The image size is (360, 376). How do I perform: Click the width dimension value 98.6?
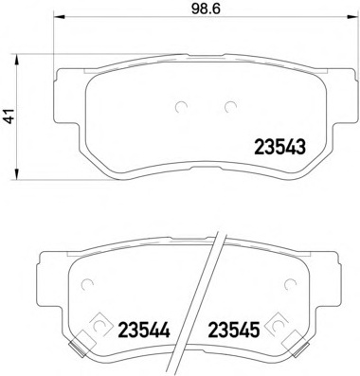(206, 9)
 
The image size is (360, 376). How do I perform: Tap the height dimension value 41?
(9, 116)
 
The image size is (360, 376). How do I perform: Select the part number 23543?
(280, 148)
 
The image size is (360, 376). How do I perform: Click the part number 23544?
(144, 330)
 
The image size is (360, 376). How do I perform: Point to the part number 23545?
(234, 330)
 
